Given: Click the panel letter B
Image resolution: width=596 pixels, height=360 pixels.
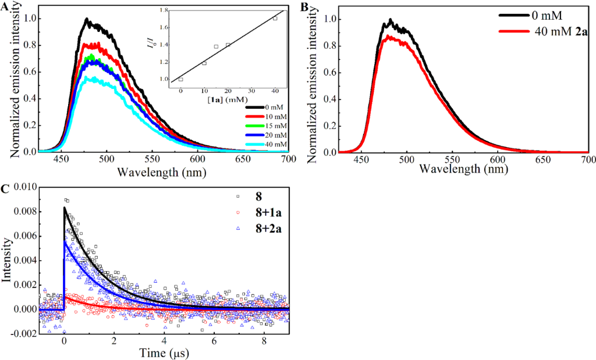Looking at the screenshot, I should click(x=304, y=6).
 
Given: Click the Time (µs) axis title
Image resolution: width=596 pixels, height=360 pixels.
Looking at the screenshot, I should click(x=164, y=352).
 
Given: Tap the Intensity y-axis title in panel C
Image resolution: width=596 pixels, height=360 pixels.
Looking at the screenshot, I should click(x=8, y=259).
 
